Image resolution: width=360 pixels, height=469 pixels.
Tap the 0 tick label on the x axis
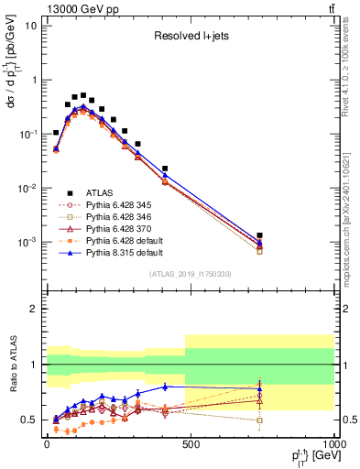[46, 444]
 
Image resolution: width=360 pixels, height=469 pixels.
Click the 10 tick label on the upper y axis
[31, 26]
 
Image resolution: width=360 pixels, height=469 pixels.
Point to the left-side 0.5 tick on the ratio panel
[29, 420]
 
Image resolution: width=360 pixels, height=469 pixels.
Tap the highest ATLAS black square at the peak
[83, 95]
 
